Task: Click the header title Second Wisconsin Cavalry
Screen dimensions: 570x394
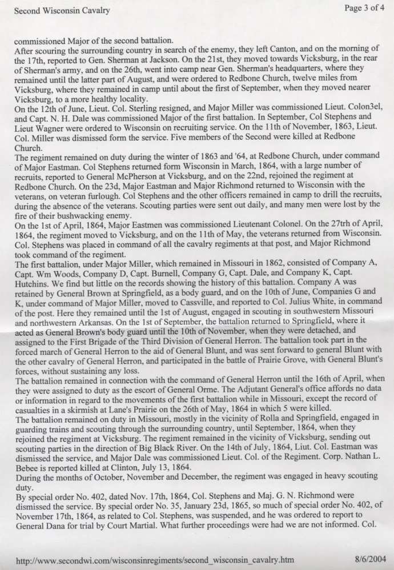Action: point(62,10)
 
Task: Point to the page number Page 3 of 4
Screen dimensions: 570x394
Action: point(365,8)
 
